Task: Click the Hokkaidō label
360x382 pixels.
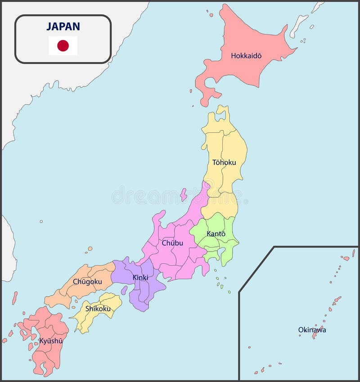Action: point(246,56)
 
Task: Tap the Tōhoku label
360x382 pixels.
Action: point(224,162)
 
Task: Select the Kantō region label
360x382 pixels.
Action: point(216,234)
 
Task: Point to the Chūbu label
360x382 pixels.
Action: point(172,243)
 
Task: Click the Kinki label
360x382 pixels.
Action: point(140,278)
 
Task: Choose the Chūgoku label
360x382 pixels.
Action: point(87,282)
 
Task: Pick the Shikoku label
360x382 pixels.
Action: point(98,309)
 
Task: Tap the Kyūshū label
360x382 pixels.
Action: point(51,341)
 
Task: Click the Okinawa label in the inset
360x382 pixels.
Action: point(312,330)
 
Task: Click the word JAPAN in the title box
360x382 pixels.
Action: point(63,26)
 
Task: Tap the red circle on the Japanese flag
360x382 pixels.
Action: point(63,45)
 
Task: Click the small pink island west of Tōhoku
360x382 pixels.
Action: point(184,194)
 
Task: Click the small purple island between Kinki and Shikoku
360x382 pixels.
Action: point(124,290)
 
